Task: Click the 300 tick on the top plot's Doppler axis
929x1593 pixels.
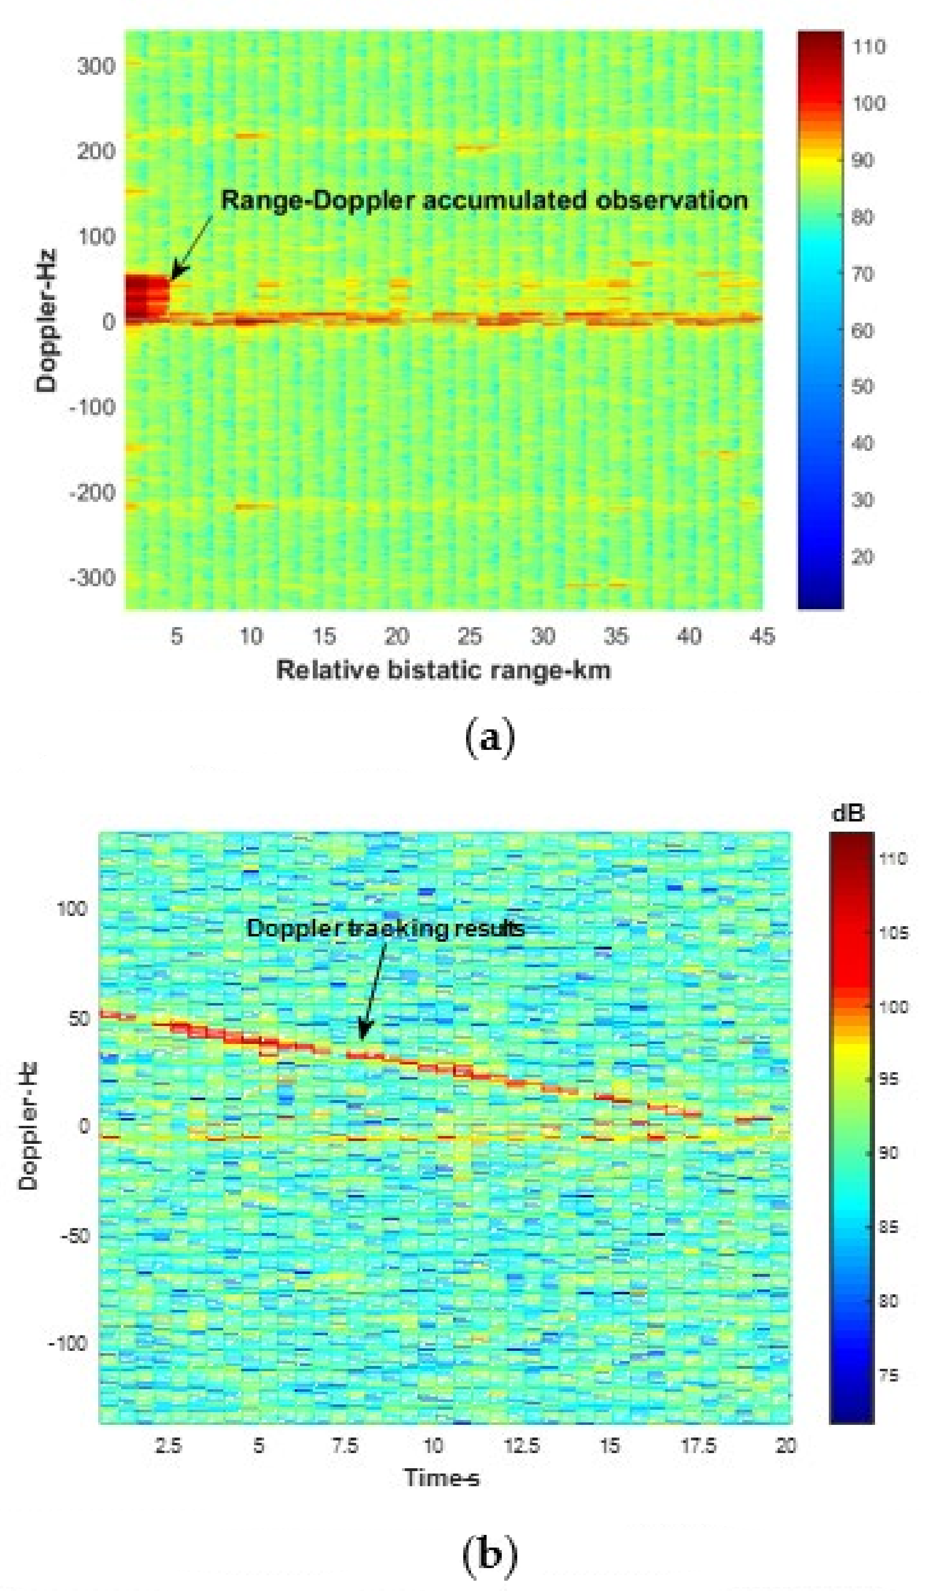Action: [96, 66]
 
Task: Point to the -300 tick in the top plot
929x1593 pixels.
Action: [93, 578]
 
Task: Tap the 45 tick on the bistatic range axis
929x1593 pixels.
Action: [761, 637]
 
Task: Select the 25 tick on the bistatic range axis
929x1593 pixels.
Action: [469, 637]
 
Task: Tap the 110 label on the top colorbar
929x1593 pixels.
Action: [869, 47]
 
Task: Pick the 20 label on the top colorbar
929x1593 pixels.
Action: [863, 558]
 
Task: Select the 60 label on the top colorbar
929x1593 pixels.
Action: [863, 331]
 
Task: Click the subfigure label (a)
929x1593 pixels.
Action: [490, 738]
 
